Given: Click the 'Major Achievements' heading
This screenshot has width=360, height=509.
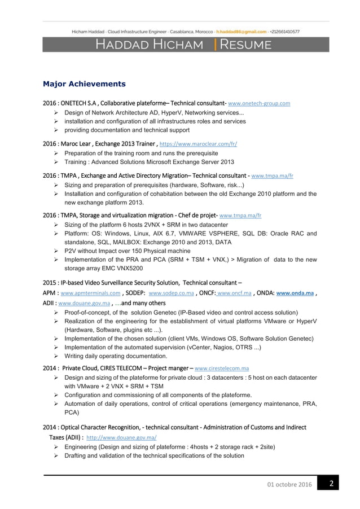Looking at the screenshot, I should [x=84, y=84].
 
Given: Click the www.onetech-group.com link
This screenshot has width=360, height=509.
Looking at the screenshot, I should [x=259, y=104].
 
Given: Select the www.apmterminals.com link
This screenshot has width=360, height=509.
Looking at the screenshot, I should [x=90, y=293].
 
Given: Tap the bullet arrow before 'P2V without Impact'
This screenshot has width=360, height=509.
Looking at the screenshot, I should [x=56, y=251].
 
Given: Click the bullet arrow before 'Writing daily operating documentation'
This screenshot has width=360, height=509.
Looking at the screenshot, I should [x=56, y=356].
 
